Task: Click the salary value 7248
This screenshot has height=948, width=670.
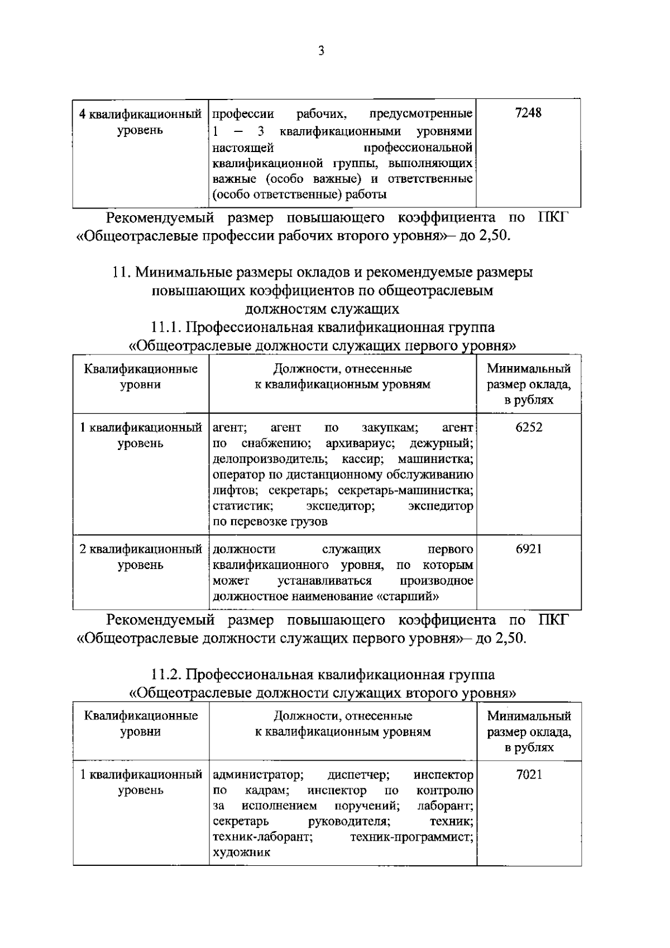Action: (x=528, y=113)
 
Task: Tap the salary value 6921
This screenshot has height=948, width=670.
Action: (x=528, y=549)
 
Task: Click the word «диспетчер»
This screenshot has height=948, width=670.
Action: (x=358, y=775)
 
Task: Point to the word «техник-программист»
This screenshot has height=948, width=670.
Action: (x=411, y=837)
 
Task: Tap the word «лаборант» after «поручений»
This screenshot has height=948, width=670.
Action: (x=445, y=806)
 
